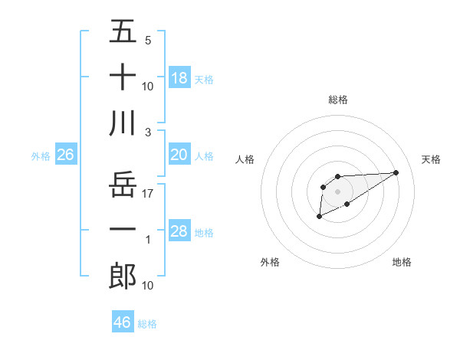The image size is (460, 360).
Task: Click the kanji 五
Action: (123, 31)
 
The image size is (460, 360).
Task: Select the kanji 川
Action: (123, 123)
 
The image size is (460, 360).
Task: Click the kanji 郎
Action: (123, 277)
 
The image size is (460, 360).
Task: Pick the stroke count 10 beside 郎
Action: (148, 285)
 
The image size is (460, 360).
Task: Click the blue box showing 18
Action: (179, 77)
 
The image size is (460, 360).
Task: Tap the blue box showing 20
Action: (179, 155)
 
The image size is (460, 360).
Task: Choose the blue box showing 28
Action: (179, 231)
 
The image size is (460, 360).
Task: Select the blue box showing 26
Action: (66, 155)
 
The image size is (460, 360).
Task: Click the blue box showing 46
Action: (123, 322)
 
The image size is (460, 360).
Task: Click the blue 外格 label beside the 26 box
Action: (41, 156)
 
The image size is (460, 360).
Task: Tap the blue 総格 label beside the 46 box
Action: (147, 324)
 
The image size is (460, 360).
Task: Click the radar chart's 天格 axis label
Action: (432, 159)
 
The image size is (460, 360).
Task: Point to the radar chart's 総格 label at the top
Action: (338, 100)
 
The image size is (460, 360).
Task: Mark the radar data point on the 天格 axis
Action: (396, 172)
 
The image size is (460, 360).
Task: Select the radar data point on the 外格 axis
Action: (319, 218)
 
